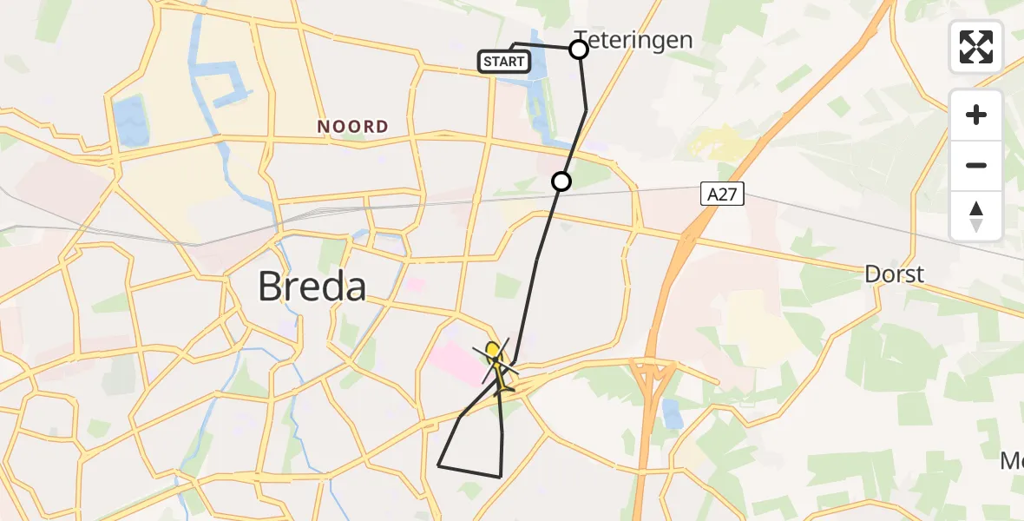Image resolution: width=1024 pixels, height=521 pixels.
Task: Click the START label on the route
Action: tap(503, 62)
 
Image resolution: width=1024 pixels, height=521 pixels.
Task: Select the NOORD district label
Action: tap(352, 127)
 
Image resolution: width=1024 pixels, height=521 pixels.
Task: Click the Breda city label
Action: tap(312, 286)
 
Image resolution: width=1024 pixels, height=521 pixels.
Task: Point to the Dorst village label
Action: tap(894, 274)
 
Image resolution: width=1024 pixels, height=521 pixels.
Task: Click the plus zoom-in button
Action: tap(976, 115)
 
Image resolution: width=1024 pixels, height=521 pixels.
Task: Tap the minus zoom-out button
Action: tap(976, 165)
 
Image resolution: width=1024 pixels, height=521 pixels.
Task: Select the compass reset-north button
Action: tap(976, 216)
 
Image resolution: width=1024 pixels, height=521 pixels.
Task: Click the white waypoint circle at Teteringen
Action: tap(579, 49)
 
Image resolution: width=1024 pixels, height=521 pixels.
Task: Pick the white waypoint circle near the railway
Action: tap(561, 181)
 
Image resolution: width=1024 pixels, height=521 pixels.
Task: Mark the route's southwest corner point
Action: tap(439, 466)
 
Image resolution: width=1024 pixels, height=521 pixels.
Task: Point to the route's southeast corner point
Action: tap(501, 476)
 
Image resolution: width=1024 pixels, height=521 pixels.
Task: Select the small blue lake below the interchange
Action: tap(671, 415)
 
